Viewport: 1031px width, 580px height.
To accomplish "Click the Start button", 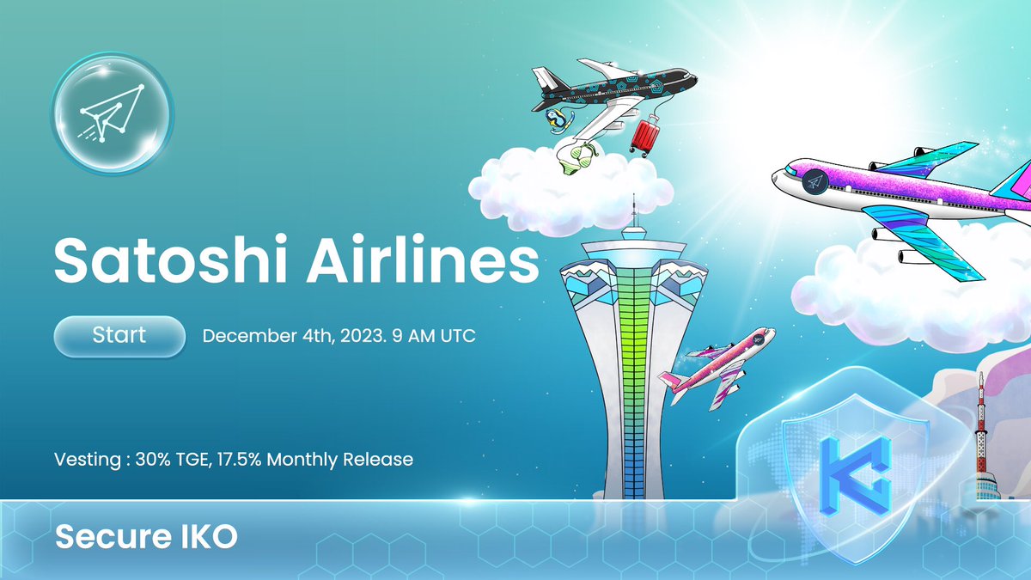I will pos(119,335).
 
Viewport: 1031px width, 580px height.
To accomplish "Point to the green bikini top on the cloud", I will pos(577,158).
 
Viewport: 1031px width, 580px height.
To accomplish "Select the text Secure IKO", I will pos(146,537).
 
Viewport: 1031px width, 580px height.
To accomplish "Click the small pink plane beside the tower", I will pos(717,364).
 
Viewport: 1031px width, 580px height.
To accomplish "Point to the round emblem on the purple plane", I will pos(814,182).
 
